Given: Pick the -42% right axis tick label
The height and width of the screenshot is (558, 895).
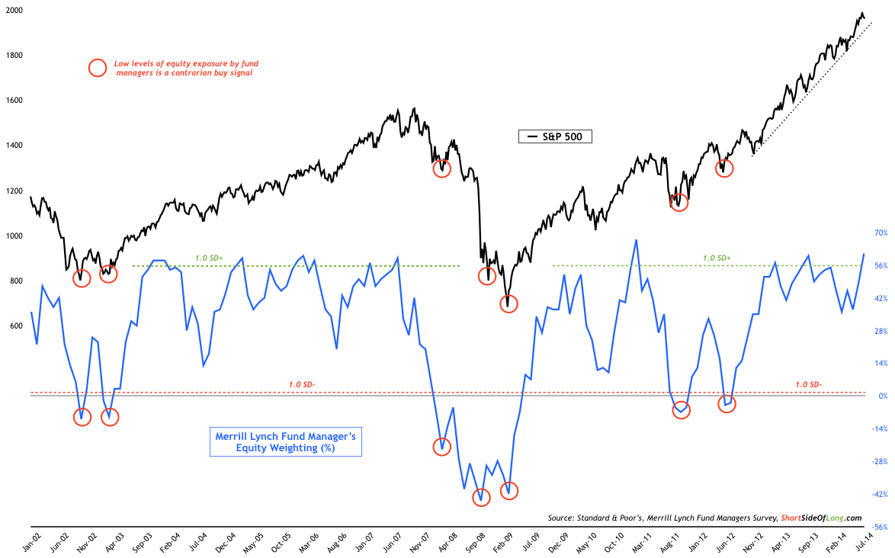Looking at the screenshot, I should pyautogui.click(x=879, y=494).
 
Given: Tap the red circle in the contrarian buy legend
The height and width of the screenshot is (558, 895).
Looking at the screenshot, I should pyautogui.click(x=98, y=67).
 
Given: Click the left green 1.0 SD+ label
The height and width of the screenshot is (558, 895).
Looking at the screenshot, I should pyautogui.click(x=208, y=258).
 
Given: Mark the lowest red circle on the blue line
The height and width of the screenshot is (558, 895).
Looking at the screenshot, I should pyautogui.click(x=482, y=498).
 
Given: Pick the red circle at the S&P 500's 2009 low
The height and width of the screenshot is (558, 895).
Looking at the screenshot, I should pyautogui.click(x=508, y=303).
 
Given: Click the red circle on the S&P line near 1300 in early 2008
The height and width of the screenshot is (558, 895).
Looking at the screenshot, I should pyautogui.click(x=442, y=168).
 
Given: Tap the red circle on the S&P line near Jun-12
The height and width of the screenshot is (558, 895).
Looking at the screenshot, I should pyautogui.click(x=724, y=168).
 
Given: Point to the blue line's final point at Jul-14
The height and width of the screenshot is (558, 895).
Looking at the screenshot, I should pyautogui.click(x=864, y=254).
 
